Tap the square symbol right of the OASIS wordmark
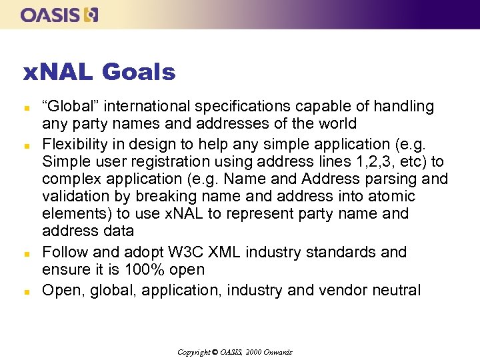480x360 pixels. (x=91, y=15)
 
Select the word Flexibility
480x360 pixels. (x=73, y=145)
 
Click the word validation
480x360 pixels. (x=73, y=197)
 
